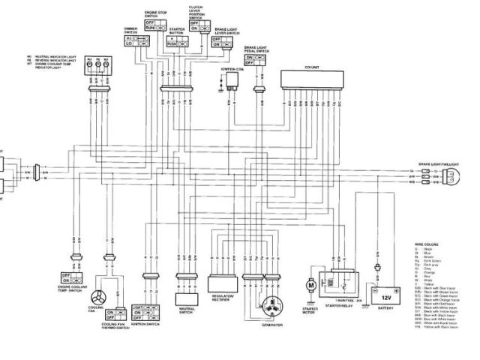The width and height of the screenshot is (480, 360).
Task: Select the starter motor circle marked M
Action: [x=310, y=286]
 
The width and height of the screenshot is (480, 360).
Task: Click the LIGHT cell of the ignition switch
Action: [x=137, y=308]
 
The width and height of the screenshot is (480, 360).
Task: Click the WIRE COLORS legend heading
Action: [x=424, y=243]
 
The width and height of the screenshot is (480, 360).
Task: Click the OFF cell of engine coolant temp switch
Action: [x=66, y=276]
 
